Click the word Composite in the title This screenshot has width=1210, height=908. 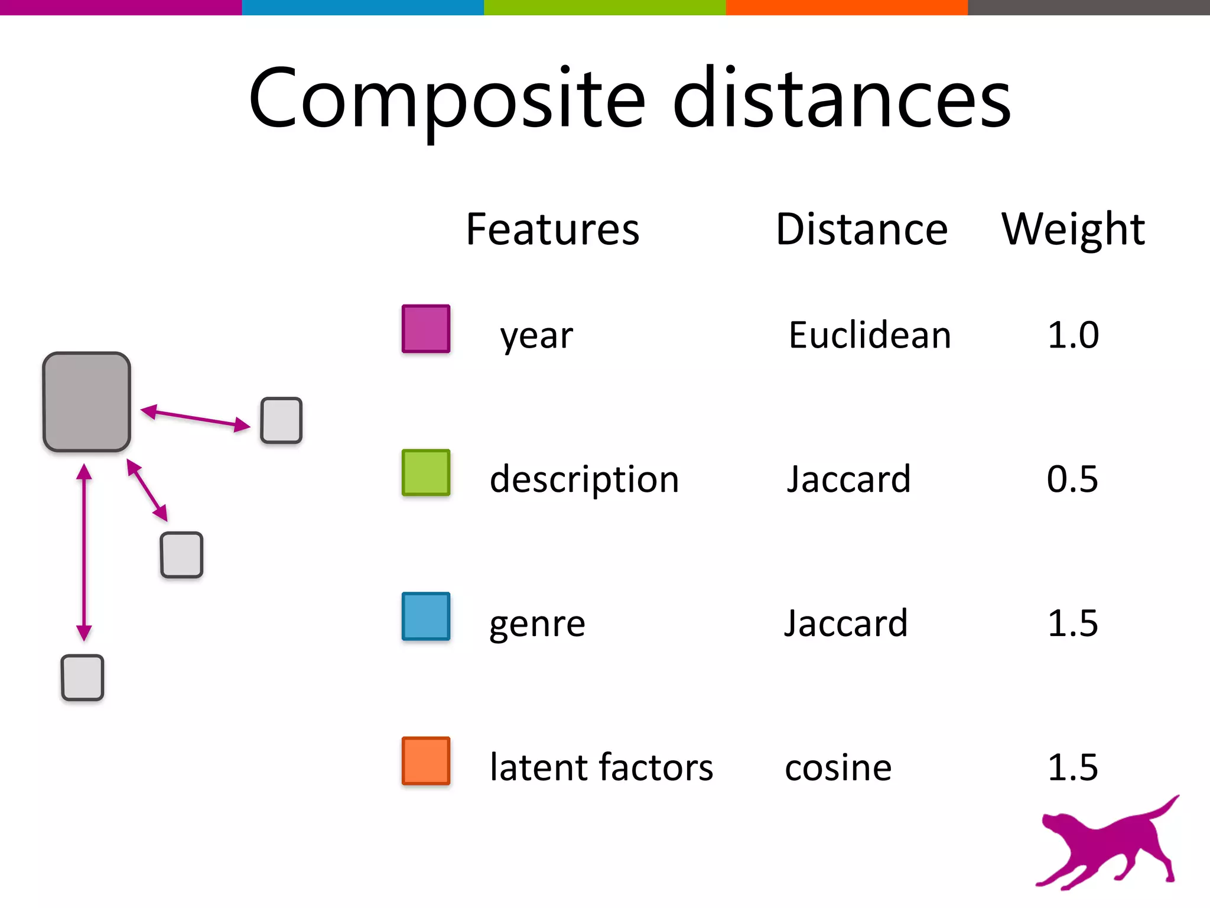tap(447, 99)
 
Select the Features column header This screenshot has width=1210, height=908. tap(552, 229)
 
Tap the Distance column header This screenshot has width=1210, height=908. tap(861, 229)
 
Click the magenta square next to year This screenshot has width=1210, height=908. tap(426, 329)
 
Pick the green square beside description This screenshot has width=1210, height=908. tap(426, 473)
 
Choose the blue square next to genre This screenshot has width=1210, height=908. tap(426, 617)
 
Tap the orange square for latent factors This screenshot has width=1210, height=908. tap(426, 761)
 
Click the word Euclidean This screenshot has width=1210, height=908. tap(870, 335)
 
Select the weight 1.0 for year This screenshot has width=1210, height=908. tap(1073, 335)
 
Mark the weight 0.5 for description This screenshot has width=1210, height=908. tap(1072, 479)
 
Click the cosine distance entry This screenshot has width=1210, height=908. tap(838, 768)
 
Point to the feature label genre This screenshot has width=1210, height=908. tap(537, 625)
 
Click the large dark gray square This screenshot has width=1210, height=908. tap(87, 402)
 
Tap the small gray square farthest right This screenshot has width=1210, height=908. tap(281, 420)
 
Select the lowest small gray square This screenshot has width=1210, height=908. tap(83, 677)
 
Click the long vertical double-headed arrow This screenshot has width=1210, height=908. tap(84, 552)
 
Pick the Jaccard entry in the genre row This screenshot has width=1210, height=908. tap(845, 623)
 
